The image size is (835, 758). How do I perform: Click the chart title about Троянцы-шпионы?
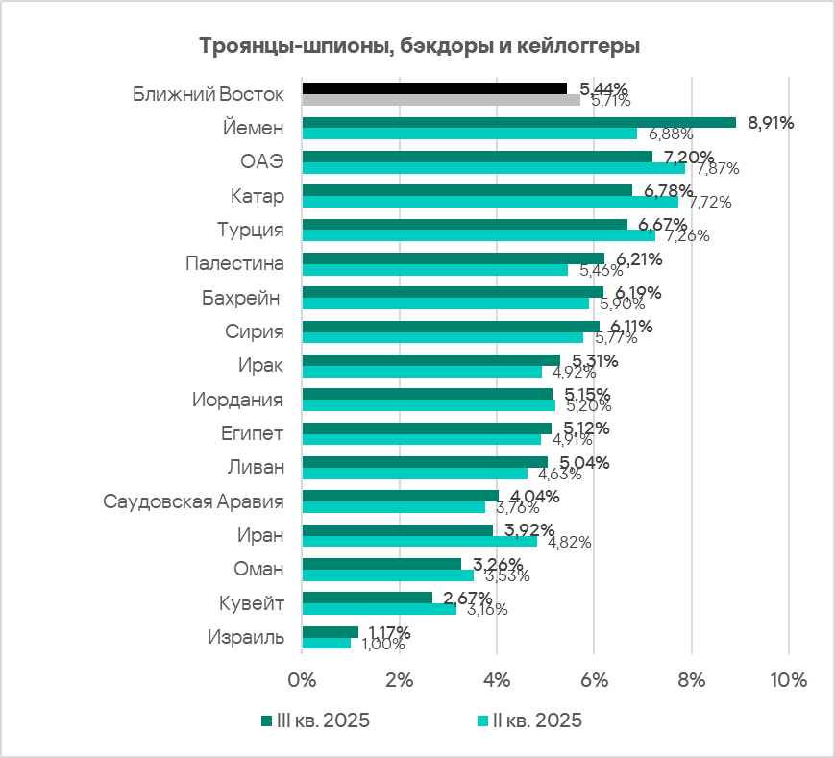coord(419,46)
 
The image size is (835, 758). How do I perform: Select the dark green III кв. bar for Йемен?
coord(519,122)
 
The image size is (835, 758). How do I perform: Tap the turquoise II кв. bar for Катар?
coord(490,202)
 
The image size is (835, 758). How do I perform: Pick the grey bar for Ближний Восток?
coord(441,100)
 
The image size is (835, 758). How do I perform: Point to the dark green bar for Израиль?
coord(330,632)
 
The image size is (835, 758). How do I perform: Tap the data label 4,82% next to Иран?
coord(569,542)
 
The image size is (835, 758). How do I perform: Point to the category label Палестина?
coord(234,263)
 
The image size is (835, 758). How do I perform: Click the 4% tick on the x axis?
coord(496,679)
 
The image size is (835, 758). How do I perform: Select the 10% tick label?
coord(788,679)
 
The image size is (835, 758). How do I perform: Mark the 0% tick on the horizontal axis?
coord(302,679)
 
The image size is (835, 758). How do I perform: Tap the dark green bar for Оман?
coord(381,564)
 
